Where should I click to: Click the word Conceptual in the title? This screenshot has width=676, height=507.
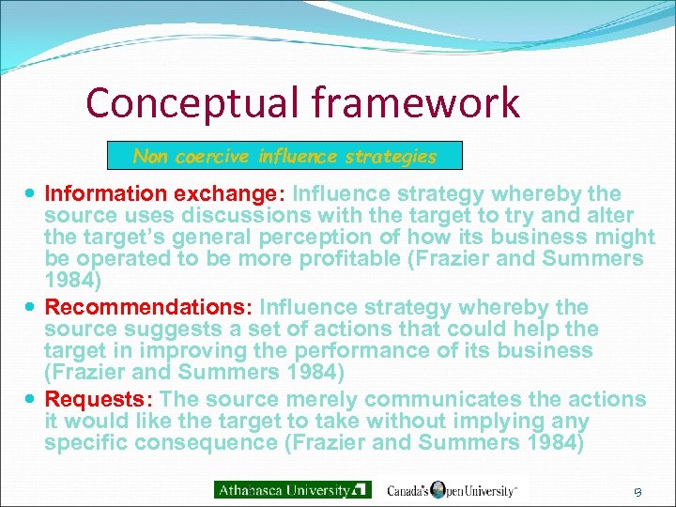pos(182,103)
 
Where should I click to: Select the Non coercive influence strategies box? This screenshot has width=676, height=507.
pos(284,156)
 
